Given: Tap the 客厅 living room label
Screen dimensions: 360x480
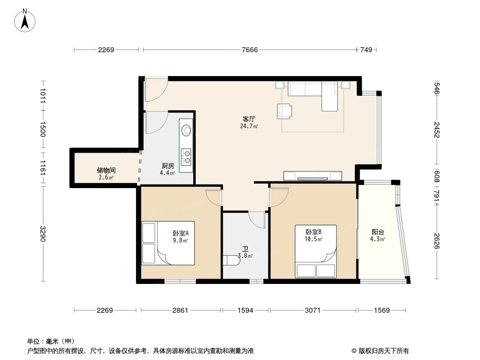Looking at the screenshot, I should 249,119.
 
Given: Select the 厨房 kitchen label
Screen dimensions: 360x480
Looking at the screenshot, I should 168,166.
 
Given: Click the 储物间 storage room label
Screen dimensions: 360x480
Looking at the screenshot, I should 106,171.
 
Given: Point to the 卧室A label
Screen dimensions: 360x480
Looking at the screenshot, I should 180,233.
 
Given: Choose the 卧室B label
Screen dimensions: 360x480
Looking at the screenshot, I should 313,232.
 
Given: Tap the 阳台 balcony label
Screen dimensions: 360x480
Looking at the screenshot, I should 378,232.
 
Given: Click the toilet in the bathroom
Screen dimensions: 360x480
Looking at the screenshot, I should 231,260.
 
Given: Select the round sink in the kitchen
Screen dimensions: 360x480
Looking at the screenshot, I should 186,130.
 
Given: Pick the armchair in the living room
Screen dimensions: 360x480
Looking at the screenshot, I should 285,111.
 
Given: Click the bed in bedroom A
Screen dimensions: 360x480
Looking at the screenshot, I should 168,243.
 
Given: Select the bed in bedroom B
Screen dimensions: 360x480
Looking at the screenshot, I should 316,251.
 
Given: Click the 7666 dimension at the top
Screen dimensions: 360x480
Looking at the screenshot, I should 249,50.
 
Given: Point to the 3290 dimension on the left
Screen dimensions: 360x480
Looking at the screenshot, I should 43,234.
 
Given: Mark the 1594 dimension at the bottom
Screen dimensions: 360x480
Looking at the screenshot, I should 245,310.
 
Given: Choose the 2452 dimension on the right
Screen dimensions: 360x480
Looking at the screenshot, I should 436,130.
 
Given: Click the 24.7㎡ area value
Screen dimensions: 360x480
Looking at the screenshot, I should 249,126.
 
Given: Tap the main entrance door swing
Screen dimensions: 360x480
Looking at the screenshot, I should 156,90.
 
